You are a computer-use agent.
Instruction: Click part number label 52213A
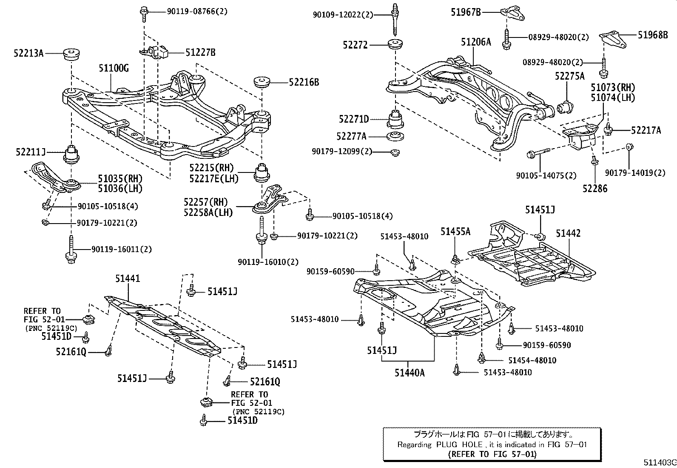[x=28, y=53]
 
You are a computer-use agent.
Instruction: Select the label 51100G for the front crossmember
[x=114, y=68]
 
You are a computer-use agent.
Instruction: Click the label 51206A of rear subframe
[x=476, y=42]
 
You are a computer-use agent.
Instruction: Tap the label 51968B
[x=653, y=35]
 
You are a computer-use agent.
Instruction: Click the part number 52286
[x=595, y=188]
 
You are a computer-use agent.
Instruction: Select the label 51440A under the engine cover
[x=409, y=373]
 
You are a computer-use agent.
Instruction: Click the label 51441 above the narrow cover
[x=127, y=279]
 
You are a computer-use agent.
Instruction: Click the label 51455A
[x=455, y=232]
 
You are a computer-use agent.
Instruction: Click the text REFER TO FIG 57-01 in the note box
[x=492, y=454]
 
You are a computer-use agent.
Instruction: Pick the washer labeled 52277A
[x=395, y=137]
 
